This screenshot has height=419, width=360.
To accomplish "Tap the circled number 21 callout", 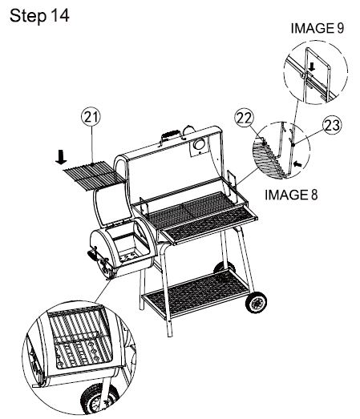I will pos(94,119).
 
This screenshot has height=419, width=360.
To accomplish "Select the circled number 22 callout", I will pos(245,119).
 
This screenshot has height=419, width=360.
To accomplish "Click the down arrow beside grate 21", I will pos(61,157).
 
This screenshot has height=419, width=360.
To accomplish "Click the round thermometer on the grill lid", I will pos(197,144).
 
